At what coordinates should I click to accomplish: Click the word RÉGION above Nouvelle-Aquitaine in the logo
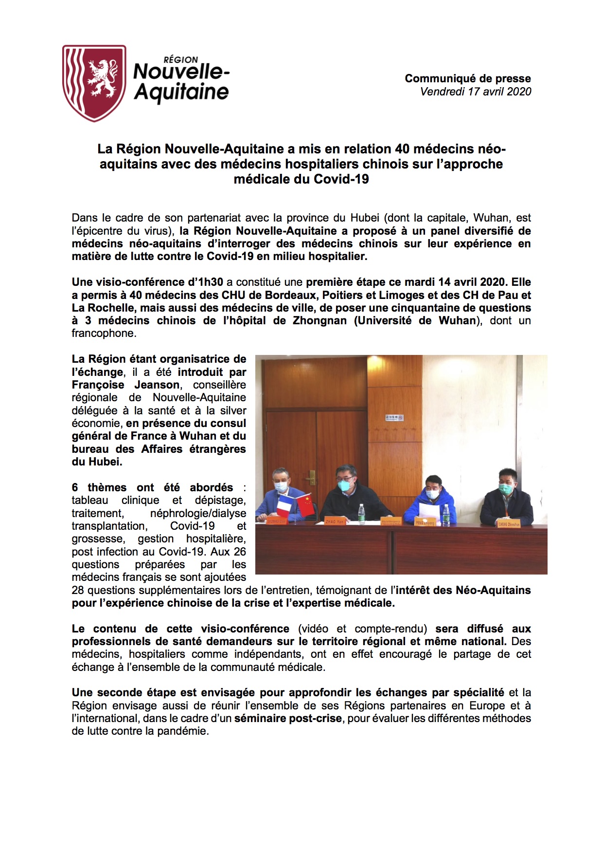pyautogui.click(x=180, y=59)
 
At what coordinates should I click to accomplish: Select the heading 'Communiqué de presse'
pyautogui.click(x=467, y=78)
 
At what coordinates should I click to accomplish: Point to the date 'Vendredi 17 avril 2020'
pyautogui.click(x=475, y=92)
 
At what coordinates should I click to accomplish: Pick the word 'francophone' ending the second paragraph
pyautogui.click(x=104, y=334)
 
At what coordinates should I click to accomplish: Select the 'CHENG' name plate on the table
pyautogui.click(x=509, y=524)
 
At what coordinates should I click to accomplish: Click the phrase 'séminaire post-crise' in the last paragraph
pyautogui.click(x=288, y=719)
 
